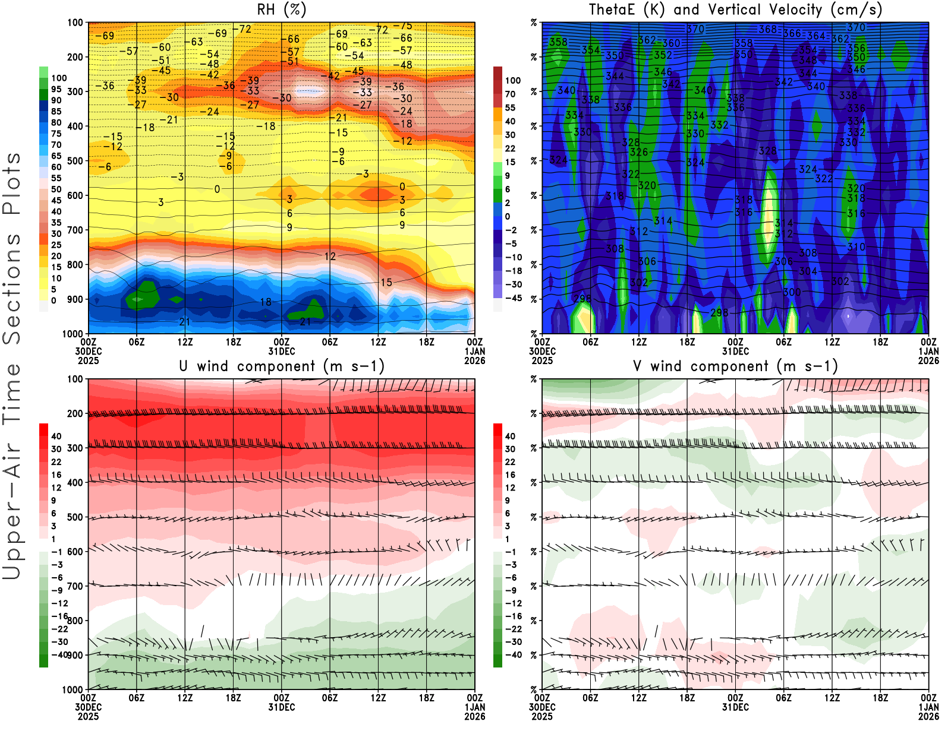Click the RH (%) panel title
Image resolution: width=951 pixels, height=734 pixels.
tap(282, 10)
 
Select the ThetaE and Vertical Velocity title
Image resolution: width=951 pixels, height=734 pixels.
tap(735, 10)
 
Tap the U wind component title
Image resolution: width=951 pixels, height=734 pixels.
tap(282, 366)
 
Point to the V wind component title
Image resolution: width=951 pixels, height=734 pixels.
tap(735, 366)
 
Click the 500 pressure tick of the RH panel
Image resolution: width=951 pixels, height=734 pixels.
tap(75, 161)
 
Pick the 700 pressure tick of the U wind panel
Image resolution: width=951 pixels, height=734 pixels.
tap(75, 586)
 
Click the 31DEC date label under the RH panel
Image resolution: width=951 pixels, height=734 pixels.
tap(282, 351)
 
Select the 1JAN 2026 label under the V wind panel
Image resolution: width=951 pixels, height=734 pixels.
tap(928, 711)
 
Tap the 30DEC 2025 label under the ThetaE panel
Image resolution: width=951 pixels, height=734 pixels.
tap(542, 356)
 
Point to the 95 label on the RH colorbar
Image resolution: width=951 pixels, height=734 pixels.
tap(56, 89)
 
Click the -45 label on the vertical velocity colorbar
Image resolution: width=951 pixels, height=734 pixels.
tap(513, 298)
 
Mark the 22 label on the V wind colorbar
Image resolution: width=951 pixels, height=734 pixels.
tap(510, 462)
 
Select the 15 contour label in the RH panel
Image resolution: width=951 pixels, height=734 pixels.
tap(386, 283)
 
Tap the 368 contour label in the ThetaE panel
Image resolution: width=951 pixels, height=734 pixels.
tap(767, 29)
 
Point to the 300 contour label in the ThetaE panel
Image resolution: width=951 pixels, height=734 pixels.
tap(792, 292)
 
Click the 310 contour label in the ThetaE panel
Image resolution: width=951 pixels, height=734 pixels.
tap(856, 247)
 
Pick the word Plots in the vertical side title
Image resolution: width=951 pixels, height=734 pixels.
tap(12, 184)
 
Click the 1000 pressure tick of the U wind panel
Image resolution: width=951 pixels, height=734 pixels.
tap(73, 690)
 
